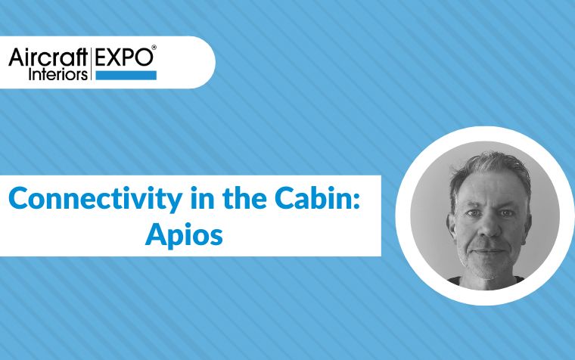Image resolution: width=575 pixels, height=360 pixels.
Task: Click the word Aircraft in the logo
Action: click(48, 57)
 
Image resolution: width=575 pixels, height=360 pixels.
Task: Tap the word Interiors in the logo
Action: click(58, 74)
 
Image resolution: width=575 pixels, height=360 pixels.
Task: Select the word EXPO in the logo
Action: click(124, 57)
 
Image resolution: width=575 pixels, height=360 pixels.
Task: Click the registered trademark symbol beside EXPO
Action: click(154, 48)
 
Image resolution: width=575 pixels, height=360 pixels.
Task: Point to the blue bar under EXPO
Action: click(126, 75)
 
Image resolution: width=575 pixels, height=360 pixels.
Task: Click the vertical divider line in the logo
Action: click(91, 64)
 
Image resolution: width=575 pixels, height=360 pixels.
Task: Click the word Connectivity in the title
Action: click(95, 199)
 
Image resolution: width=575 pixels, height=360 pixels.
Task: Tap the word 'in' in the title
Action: click(203, 198)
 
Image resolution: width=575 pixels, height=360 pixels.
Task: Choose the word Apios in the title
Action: click(184, 235)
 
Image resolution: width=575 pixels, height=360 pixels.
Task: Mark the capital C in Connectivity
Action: click(18, 198)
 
